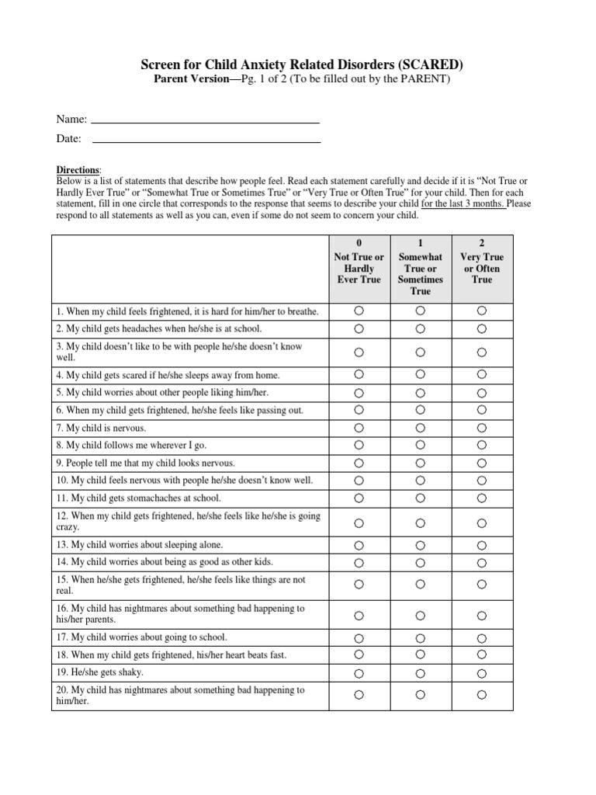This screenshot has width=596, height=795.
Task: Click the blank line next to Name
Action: [x=206, y=122]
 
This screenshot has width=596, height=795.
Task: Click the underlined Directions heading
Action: [x=78, y=170]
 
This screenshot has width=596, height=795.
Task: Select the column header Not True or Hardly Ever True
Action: [x=359, y=268]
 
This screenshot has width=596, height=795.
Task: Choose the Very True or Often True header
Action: [x=482, y=268]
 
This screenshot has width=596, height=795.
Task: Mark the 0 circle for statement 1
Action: [x=359, y=311]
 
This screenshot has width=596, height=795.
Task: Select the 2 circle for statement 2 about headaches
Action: [x=482, y=328]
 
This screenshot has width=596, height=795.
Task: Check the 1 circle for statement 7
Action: [x=420, y=428]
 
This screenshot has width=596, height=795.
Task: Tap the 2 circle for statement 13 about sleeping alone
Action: [x=482, y=545]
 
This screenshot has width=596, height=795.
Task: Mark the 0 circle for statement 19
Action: [x=359, y=672]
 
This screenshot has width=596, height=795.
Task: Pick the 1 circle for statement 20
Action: [x=420, y=695]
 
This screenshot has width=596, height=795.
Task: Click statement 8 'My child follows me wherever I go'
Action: [x=133, y=446]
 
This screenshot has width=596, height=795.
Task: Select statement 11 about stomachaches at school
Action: [x=138, y=498]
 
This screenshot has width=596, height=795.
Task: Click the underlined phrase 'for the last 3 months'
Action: [x=463, y=204]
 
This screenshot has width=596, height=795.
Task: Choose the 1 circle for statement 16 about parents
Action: [x=420, y=615]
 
